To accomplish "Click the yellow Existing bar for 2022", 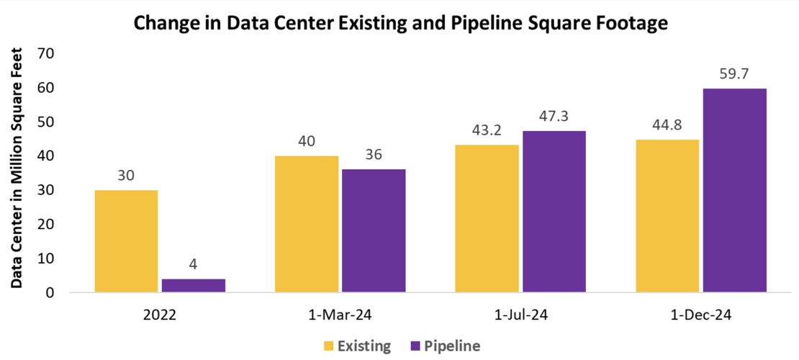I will pos(126,241).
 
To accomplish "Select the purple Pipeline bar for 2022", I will pos(193,285).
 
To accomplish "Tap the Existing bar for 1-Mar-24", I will pos(307,224).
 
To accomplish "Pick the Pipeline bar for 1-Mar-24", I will pos(374,231).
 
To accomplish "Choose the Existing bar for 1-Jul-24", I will pos(487,219).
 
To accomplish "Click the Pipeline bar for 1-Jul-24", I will pos(554,212).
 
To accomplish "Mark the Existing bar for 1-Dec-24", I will pos(667,216).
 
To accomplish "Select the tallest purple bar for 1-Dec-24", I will pos(734,191).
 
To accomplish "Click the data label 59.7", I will pos(734,74).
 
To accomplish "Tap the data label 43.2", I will pos(487,130).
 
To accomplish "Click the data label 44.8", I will pos(667,125).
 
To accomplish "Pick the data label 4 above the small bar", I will pos(193,264).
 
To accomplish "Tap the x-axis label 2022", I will pos(159,315).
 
